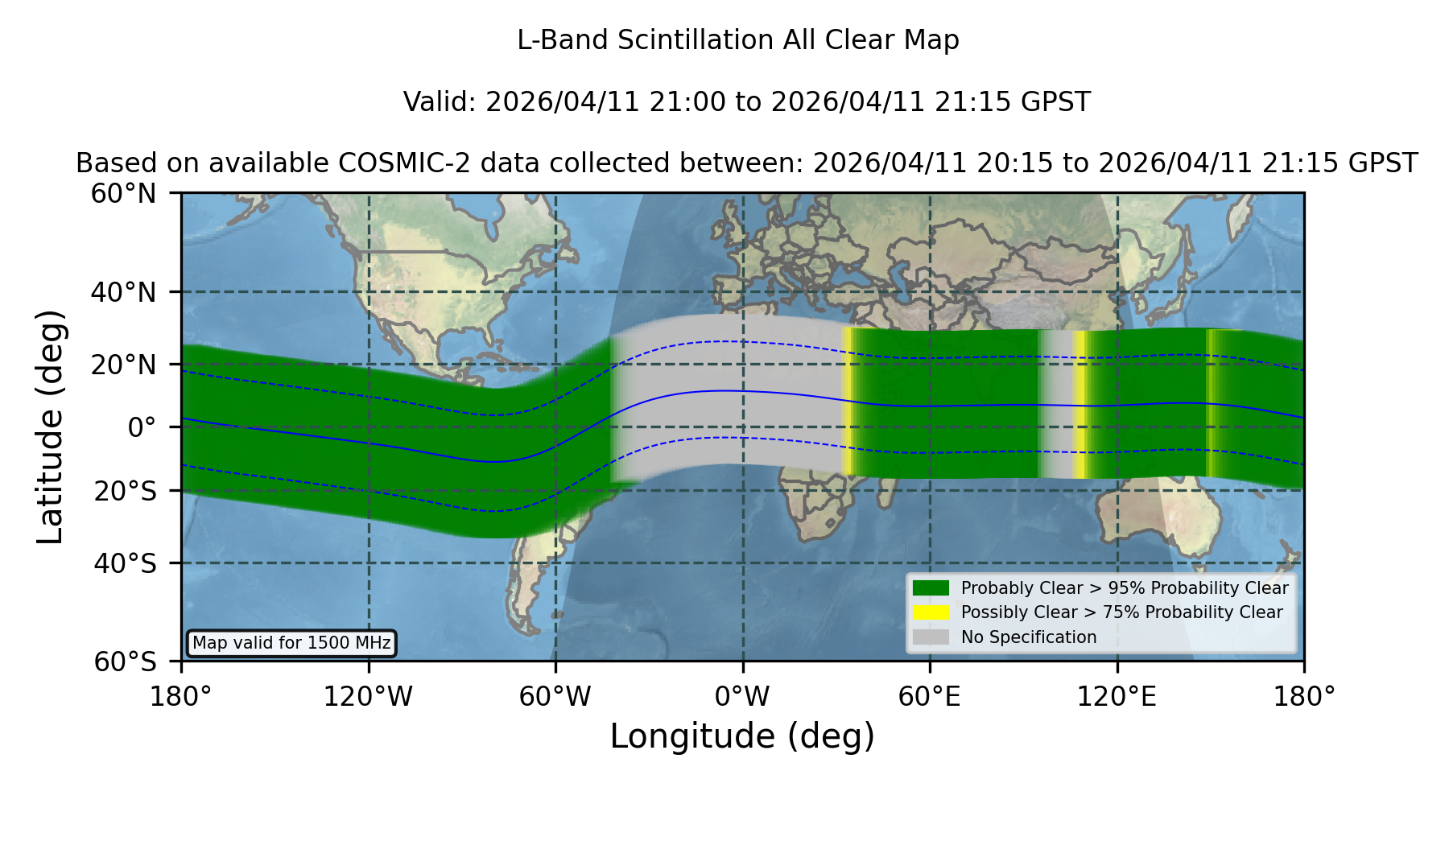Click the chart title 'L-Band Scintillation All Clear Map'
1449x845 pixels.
pyautogui.click(x=737, y=40)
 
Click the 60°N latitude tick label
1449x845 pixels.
pyautogui.click(x=124, y=193)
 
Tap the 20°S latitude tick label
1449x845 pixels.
pyautogui.click(x=126, y=491)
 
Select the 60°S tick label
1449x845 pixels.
pyautogui.click(x=126, y=662)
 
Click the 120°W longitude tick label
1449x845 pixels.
pyautogui.click(x=368, y=697)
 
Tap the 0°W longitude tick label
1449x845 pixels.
pyautogui.click(x=742, y=697)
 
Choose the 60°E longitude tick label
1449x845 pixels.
pyautogui.click(x=929, y=697)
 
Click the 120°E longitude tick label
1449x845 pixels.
pyautogui.click(x=1117, y=697)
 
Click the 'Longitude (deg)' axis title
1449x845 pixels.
pyautogui.click(x=742, y=737)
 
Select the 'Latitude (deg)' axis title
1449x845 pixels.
pyautogui.click(x=50, y=427)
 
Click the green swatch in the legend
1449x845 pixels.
pyautogui.click(x=931, y=587)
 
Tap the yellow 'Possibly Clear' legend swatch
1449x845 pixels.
pyautogui.click(x=931, y=612)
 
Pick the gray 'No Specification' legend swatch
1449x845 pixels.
pyautogui.click(x=931, y=637)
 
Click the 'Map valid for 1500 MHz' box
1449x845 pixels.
pyautogui.click(x=291, y=643)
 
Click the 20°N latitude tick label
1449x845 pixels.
pyautogui.click(x=124, y=365)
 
